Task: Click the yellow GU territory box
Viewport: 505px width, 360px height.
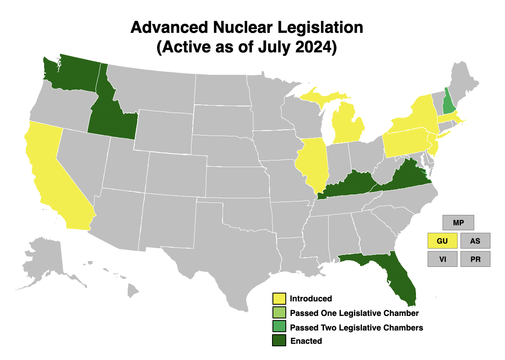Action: point(442,241)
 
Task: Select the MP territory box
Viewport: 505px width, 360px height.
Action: point(458,222)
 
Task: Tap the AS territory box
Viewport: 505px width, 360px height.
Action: point(475,241)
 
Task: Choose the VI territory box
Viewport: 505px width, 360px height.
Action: point(442,259)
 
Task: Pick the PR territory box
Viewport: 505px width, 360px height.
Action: point(475,259)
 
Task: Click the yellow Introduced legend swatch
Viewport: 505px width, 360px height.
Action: point(279,298)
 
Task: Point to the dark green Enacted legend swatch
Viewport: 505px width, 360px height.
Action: point(279,340)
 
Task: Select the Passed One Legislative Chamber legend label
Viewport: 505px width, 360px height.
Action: point(354,313)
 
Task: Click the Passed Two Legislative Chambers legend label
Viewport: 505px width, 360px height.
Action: point(356,328)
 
